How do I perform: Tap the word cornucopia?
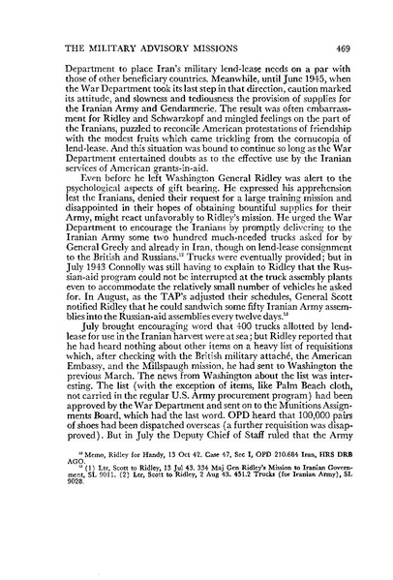click(x=309, y=141)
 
